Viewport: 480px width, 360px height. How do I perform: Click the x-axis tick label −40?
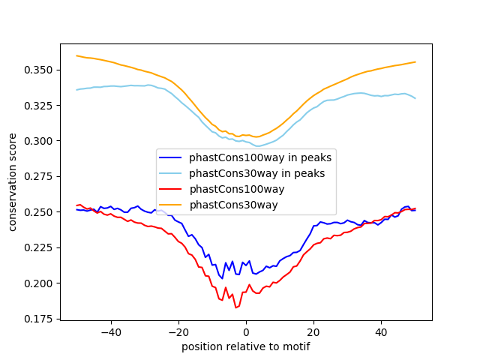pyautogui.click(x=110, y=331)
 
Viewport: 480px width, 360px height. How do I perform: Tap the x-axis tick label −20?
pyautogui.click(x=178, y=331)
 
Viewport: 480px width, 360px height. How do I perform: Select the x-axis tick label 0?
pyautogui.click(x=246, y=331)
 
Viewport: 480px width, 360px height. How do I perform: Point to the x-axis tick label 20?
pyautogui.click(x=313, y=331)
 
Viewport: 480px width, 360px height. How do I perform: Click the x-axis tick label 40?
pyautogui.click(x=381, y=331)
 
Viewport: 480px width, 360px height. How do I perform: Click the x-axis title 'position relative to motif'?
pyautogui.click(x=246, y=346)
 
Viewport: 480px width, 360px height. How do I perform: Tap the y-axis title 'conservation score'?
pyautogui.click(x=13, y=182)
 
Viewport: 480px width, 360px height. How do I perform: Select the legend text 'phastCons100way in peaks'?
pyautogui.click(x=261, y=157)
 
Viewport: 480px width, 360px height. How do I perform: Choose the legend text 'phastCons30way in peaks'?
pyautogui.click(x=257, y=173)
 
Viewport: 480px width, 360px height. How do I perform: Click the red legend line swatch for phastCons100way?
pyautogui.click(x=172, y=189)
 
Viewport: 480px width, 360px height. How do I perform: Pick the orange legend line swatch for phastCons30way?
pyautogui.click(x=172, y=205)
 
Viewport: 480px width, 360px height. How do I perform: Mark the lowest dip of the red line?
pyautogui.click(x=235, y=307)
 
